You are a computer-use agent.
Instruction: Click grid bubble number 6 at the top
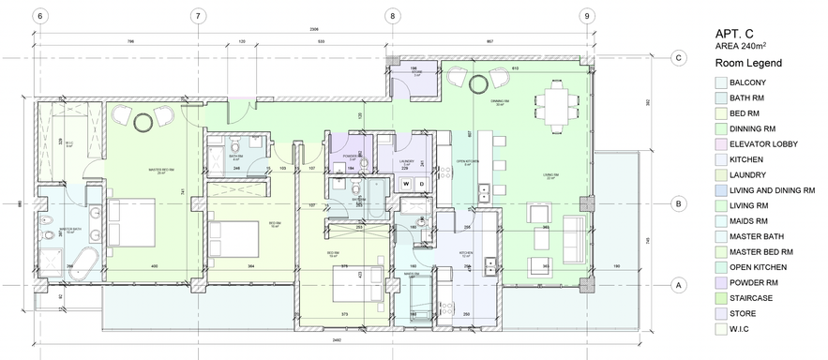40,15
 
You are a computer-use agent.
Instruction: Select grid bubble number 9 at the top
586,15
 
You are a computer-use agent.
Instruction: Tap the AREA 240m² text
742,46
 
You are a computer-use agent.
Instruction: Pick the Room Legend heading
748,63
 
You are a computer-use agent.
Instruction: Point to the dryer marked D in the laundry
422,183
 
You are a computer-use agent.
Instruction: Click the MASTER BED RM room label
163,171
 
